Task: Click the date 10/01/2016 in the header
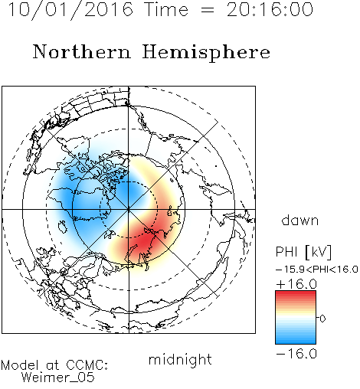[70, 9]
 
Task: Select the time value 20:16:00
[270, 9]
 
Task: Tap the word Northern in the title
[82, 52]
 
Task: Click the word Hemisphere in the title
[206, 52]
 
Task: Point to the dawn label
[300, 220]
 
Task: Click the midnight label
[180, 360]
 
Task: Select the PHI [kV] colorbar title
[303, 252]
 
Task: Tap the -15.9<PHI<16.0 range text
[317, 270]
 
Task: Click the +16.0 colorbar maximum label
[296, 284]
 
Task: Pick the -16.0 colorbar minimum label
[296, 354]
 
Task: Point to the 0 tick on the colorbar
[322, 319]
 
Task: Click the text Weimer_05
[58, 378]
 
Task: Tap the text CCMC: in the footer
[87, 365]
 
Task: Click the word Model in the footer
[20, 365]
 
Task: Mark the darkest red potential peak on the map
[143, 242]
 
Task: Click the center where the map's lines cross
[129, 209]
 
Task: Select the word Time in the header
[166, 9]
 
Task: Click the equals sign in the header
[208, 10]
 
